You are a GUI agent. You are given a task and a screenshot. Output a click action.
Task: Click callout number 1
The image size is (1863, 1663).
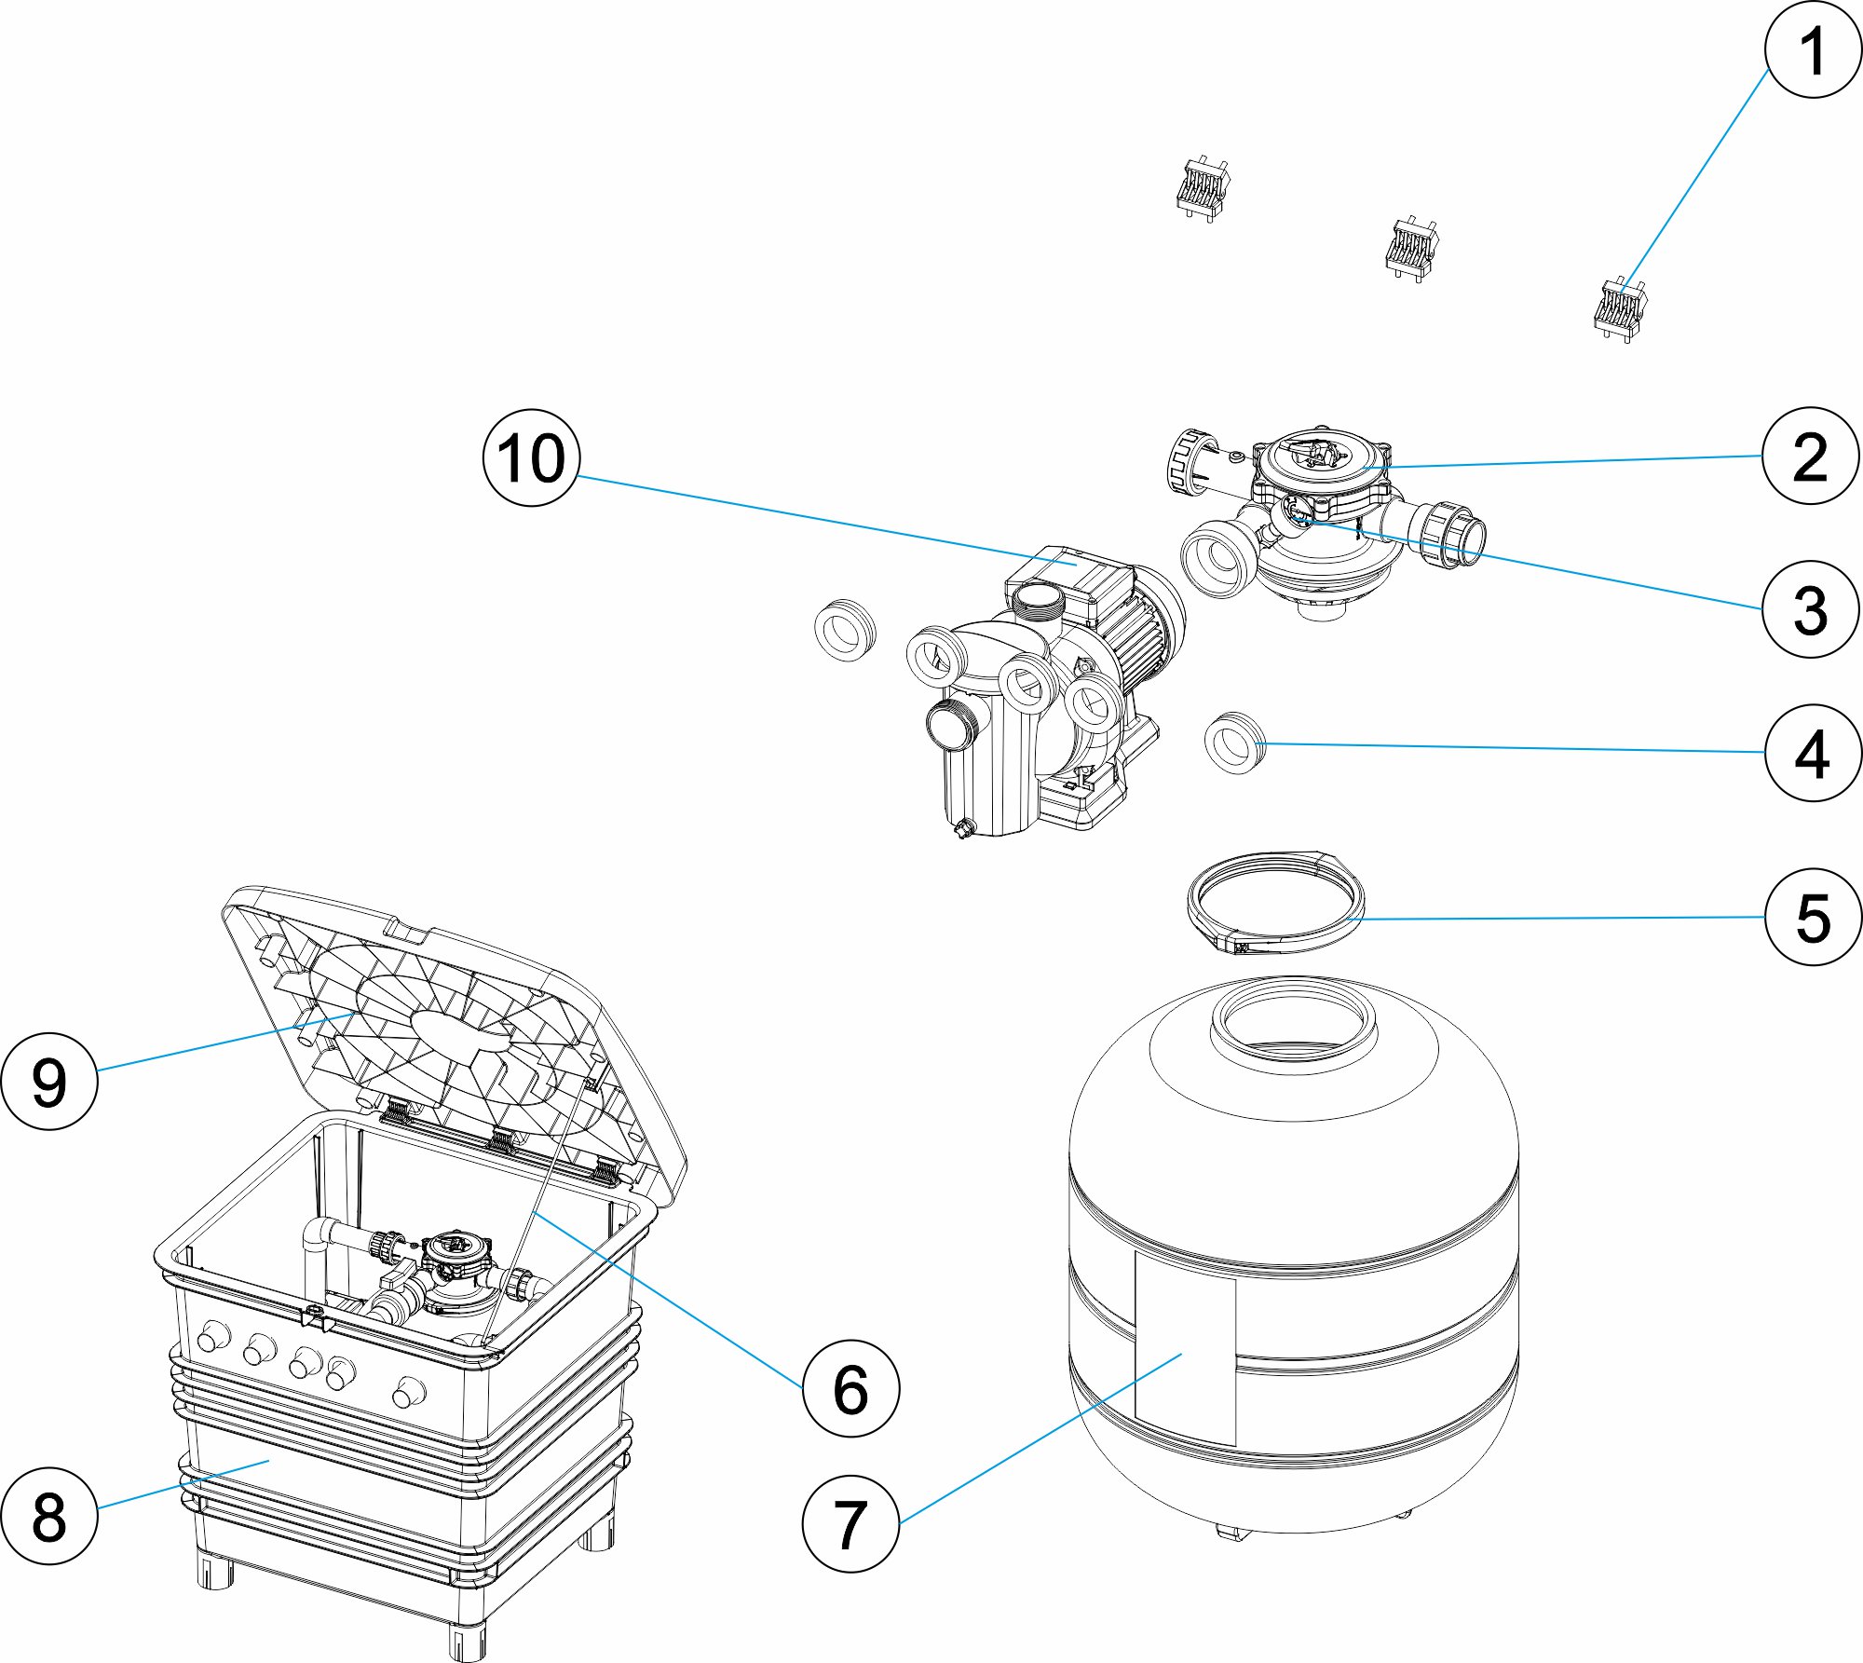coord(1813,50)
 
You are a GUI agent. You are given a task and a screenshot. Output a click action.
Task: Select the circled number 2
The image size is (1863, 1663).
coord(1811,457)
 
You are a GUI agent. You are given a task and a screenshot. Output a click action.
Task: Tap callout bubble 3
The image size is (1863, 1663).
coord(1811,610)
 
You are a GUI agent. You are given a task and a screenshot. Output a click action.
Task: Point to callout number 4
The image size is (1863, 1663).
coord(1813,753)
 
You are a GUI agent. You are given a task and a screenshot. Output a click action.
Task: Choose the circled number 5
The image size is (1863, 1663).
coord(1813,917)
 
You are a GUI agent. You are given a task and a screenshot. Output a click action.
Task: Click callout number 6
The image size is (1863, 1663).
coord(850,1388)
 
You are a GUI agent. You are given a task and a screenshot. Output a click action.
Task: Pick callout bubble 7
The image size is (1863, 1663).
coord(850,1524)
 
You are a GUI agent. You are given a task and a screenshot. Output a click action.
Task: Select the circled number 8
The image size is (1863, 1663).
coord(49,1516)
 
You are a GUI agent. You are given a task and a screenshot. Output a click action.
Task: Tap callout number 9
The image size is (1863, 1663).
coord(49,1083)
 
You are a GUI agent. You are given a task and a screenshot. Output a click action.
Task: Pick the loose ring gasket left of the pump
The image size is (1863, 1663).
coord(844,631)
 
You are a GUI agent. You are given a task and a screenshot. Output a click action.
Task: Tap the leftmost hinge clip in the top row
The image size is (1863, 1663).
coord(1203,189)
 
